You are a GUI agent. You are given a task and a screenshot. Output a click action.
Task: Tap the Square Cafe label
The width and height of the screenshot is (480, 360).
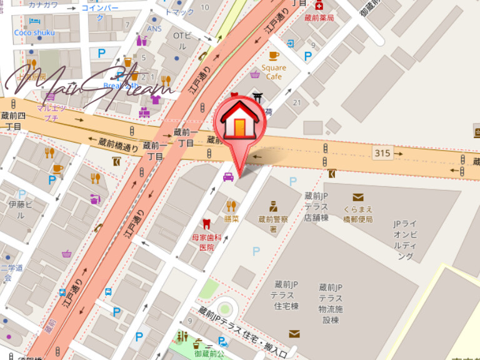click(274, 72)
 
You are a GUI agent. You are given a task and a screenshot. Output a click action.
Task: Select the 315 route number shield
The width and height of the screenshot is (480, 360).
click(381, 152)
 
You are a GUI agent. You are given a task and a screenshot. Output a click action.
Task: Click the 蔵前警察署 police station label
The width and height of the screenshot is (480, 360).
click(273, 224)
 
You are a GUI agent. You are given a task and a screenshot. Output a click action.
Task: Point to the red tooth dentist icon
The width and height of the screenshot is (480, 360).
click(206, 224)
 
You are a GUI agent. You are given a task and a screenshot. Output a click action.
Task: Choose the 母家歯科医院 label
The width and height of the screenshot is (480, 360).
click(206, 242)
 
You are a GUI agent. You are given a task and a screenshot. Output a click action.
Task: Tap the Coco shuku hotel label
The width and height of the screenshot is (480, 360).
click(35, 32)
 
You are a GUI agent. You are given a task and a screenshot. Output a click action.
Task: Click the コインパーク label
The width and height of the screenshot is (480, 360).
click(100, 12)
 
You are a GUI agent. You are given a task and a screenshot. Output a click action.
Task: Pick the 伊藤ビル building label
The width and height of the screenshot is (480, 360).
click(17, 209)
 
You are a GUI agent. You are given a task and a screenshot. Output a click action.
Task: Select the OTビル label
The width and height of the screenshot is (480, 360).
click(179, 41)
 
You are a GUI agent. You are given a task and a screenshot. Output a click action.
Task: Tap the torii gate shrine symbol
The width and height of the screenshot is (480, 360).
click(257, 97)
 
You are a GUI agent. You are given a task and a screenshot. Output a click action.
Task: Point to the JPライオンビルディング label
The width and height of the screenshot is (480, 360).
click(404, 239)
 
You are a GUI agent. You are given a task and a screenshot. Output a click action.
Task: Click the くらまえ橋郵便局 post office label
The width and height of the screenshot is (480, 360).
click(357, 214)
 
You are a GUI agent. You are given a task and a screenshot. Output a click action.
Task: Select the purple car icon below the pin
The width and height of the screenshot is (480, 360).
click(228, 177)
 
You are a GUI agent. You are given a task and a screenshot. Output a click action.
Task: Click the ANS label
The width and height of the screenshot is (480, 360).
click(154, 29)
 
